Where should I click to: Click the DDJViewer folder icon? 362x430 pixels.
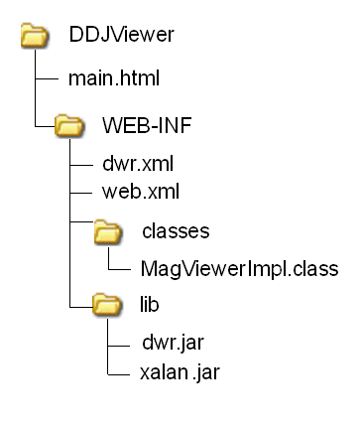(35, 35)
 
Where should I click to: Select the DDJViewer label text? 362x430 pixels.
(121, 34)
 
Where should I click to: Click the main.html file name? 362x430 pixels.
(114, 78)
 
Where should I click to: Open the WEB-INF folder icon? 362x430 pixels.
(69, 125)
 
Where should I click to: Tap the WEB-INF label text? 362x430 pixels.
(147, 125)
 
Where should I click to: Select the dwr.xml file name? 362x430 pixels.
(138, 164)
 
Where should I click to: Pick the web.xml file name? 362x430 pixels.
(141, 192)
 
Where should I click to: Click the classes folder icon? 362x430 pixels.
(108, 232)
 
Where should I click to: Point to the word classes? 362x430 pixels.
(176, 231)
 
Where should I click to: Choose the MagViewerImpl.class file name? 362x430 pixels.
(240, 268)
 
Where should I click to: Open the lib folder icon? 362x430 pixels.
(107, 304)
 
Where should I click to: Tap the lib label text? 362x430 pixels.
(149, 304)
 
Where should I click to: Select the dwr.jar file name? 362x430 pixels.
(173, 343)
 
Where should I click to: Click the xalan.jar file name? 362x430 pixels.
(180, 372)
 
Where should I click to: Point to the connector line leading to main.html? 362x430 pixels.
(47, 78)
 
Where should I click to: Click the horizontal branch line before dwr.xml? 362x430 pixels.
(81, 165)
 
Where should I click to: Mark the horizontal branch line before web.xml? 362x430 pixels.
(81, 193)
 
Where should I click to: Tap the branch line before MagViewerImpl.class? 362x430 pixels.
(119, 269)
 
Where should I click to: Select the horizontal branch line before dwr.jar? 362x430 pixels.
(119, 347)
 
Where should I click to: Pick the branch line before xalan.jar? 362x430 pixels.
(118, 375)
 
